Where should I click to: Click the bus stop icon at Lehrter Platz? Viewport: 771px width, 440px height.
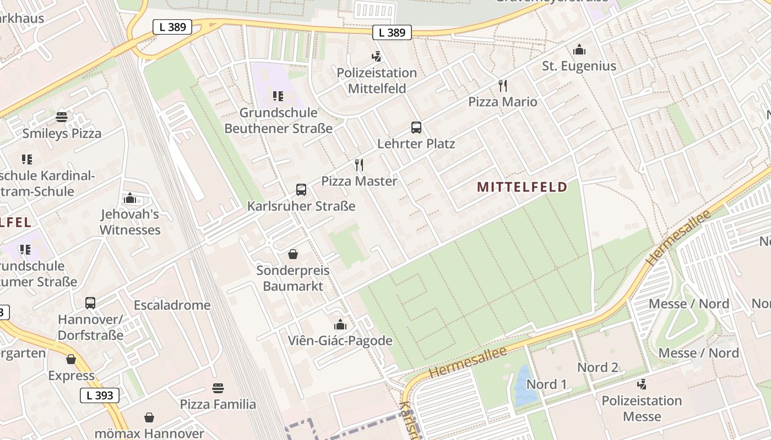pyautogui.click(x=416, y=128)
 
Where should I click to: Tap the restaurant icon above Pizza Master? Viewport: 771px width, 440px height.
pyautogui.click(x=359, y=165)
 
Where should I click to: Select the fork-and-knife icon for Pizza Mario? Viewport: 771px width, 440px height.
pyautogui.click(x=502, y=86)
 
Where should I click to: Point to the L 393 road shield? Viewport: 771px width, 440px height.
pyautogui.click(x=100, y=395)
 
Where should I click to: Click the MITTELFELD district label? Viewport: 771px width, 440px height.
pyautogui.click(x=522, y=187)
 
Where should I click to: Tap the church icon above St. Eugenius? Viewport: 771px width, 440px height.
pyautogui.click(x=579, y=50)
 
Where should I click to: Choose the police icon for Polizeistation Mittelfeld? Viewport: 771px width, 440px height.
pyautogui.click(x=377, y=57)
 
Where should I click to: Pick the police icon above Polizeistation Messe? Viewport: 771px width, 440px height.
pyautogui.click(x=641, y=384)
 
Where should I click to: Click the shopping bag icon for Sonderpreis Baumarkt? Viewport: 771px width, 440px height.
pyautogui.click(x=293, y=254)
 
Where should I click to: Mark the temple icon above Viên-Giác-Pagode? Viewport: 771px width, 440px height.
pyautogui.click(x=340, y=324)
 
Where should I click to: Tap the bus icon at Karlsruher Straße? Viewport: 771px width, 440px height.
pyautogui.click(x=301, y=190)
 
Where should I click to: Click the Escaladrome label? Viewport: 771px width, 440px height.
pyautogui.click(x=172, y=305)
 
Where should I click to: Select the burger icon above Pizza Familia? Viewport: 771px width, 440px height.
pyautogui.click(x=218, y=388)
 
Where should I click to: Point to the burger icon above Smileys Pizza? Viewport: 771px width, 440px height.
pyautogui.click(x=62, y=117)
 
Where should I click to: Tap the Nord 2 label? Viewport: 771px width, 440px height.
pyautogui.click(x=598, y=367)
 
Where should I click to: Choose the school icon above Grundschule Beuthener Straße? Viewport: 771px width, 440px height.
pyautogui.click(x=278, y=97)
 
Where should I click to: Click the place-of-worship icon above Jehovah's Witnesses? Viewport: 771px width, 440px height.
pyautogui.click(x=130, y=198)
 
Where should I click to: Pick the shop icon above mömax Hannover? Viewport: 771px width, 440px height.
pyautogui.click(x=149, y=417)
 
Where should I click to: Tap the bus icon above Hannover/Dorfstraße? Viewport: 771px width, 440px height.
pyautogui.click(x=90, y=303)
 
